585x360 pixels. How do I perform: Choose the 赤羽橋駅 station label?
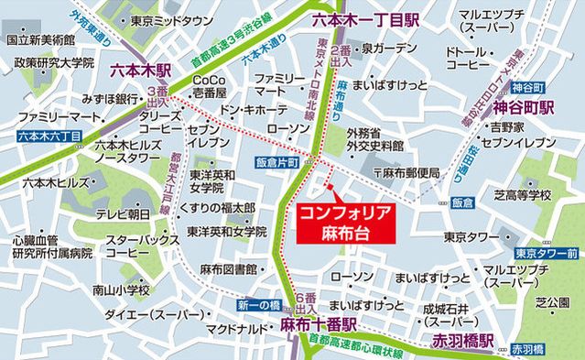(461, 342)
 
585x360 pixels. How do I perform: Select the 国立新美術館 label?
(36, 40)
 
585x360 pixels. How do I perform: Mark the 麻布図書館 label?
(228, 268)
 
